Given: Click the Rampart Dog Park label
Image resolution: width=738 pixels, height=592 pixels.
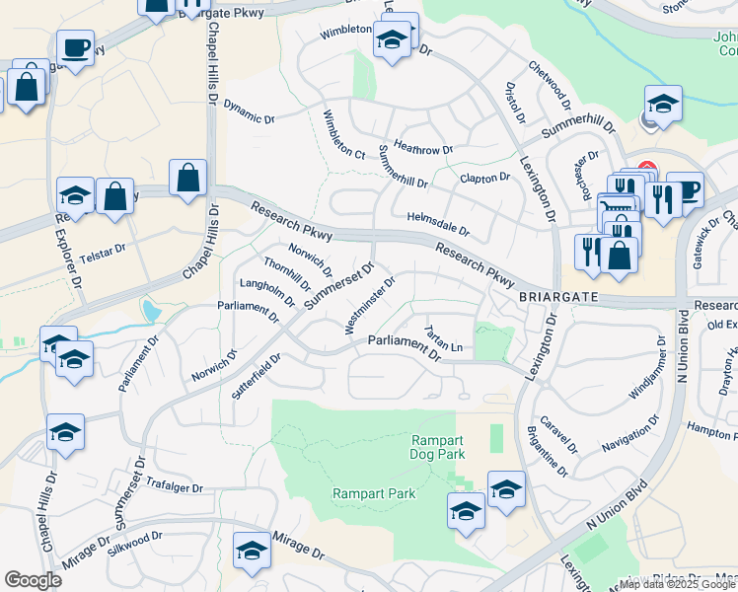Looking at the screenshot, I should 437,446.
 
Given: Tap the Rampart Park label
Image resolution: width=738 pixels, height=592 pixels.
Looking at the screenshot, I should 374,493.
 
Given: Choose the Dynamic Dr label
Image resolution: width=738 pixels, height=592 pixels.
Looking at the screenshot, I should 249,111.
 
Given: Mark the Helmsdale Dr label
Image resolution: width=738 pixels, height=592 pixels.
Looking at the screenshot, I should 437,224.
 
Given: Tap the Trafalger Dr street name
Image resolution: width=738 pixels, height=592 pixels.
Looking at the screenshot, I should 173,486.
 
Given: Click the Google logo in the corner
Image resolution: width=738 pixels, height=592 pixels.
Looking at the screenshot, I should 34,579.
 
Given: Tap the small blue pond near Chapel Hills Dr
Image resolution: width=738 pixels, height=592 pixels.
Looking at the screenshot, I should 151,312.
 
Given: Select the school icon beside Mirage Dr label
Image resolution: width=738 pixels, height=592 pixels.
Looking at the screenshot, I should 252,552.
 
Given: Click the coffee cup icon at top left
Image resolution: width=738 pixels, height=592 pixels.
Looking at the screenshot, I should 76,46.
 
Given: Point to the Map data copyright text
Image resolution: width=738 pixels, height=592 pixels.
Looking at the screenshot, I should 676,584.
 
